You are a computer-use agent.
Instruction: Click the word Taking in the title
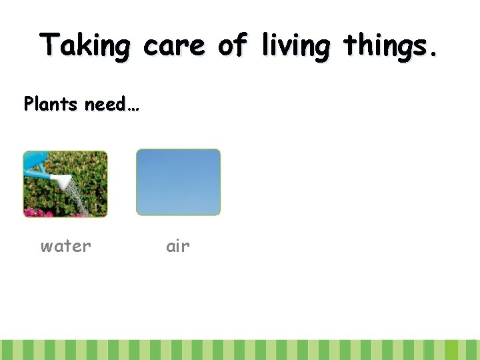[85, 46]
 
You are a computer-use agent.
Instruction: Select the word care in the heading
[174, 46]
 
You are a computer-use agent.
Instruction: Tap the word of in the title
[233, 45]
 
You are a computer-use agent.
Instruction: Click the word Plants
[51, 104]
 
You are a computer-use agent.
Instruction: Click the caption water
[66, 246]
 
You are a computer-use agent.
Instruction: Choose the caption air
[178, 246]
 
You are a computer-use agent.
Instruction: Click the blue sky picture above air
[178, 182]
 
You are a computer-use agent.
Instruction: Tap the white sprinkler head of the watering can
[64, 181]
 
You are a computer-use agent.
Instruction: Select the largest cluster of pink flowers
[37, 213]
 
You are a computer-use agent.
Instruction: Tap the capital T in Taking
[49, 45]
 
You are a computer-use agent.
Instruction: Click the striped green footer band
[240, 349]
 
